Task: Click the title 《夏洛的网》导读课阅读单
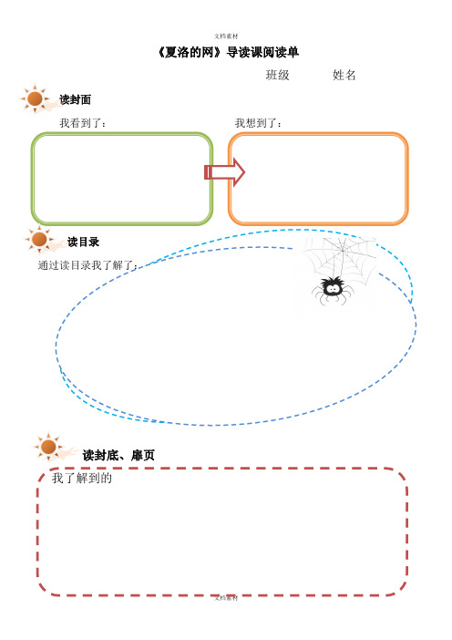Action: point(228,52)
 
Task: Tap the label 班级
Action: point(277,75)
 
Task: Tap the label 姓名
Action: point(344,75)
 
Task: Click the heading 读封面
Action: point(75,99)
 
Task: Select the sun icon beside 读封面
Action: point(35,98)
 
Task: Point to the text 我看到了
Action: point(83,123)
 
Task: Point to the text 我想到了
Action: point(258,123)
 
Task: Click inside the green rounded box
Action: point(122,179)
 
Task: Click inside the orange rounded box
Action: point(318,179)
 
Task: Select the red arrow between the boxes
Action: point(224,172)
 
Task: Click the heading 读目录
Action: point(83,242)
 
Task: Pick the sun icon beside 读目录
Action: point(39,240)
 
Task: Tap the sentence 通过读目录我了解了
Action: point(87,265)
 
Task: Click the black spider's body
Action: point(333,287)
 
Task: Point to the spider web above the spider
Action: point(342,258)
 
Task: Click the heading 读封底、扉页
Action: point(118,455)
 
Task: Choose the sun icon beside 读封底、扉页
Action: point(48,447)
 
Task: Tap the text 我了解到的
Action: point(82,478)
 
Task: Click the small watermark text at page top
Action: point(226,36)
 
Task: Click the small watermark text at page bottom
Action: point(226,598)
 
